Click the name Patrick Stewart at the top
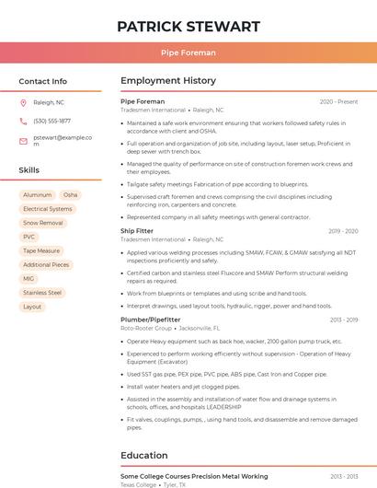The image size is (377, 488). pos(188,26)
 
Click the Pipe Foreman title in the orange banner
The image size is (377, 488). pos(188,52)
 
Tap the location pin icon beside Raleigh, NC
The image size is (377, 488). pos(24,103)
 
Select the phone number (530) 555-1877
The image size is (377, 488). pos(51,121)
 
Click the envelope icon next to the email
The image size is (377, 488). pos(24,141)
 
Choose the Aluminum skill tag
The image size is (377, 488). pos(38,195)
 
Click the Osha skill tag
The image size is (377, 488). pos(71,195)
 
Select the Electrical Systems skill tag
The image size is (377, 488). pos(47,209)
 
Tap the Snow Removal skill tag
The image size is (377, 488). pos(43,223)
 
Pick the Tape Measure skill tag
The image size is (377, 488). pos(41,250)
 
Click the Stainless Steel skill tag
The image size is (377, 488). pos(42,293)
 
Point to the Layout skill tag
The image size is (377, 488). pos(32,307)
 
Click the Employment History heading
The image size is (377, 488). pos(168,81)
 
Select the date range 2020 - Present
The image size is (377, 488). pos(338,101)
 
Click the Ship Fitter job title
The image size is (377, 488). pos(137,231)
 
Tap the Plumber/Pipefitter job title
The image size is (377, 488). pos(151,320)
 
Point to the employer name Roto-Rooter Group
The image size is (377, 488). pos(146,328)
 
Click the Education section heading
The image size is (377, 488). pos(145,455)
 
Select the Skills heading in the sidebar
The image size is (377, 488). pos(29,170)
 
